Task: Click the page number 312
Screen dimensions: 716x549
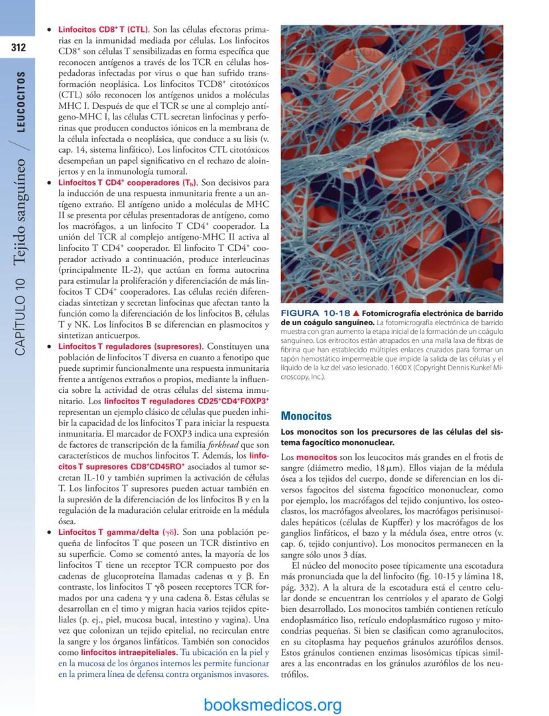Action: (17, 48)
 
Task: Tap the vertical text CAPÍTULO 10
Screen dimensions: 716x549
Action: (22, 312)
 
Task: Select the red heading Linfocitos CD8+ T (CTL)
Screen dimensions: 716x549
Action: (103, 31)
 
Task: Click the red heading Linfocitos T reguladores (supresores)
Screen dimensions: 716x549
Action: (130, 346)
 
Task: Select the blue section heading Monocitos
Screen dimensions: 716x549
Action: (306, 416)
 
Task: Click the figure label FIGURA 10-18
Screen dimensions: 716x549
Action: (315, 313)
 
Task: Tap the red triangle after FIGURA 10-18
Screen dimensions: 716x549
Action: (356, 313)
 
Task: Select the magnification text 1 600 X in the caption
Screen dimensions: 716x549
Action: (396, 367)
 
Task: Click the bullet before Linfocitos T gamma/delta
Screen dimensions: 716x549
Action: (48, 533)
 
